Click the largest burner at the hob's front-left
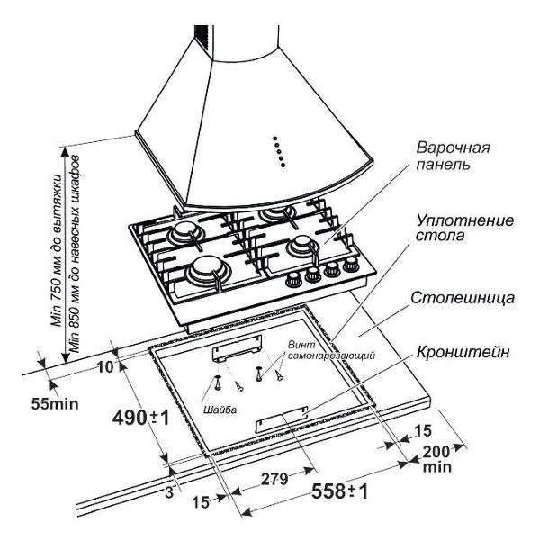[205, 269]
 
